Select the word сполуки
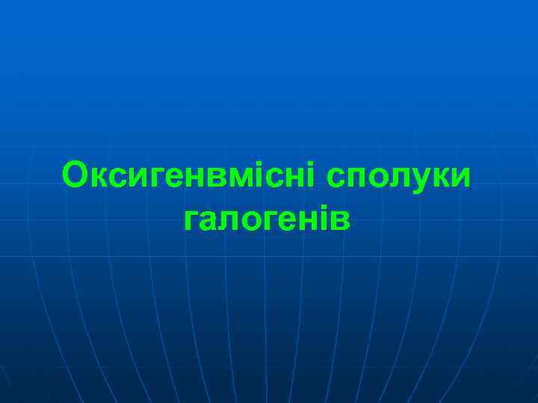click(x=399, y=176)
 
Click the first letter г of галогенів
click(x=191, y=221)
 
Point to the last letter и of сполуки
click(x=463, y=177)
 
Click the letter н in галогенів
click(x=305, y=221)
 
